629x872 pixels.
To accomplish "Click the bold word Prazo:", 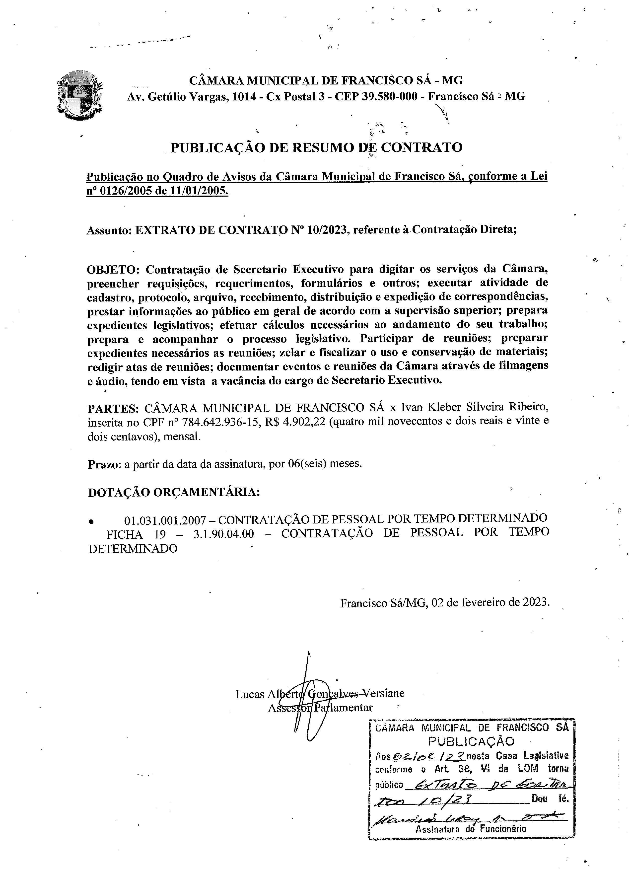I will pos(103,464).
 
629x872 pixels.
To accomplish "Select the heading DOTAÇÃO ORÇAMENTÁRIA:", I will pos(174,493).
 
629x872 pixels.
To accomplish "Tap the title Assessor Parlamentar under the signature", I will pos(320,708).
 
